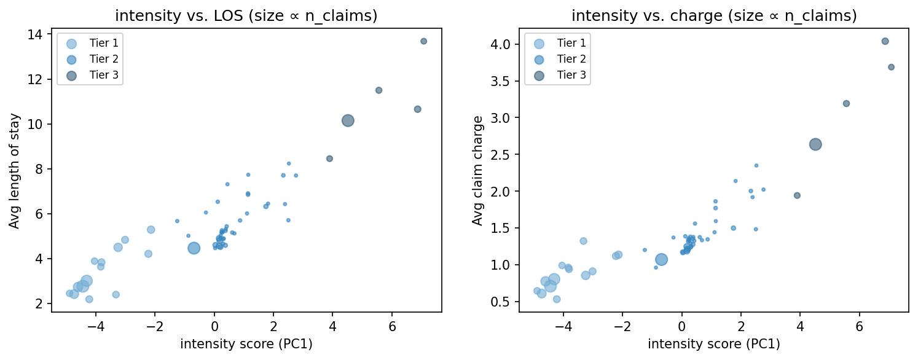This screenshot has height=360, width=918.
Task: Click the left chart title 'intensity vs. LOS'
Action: pyautogui.click(x=246, y=16)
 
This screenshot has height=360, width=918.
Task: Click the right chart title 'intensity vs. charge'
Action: pyautogui.click(x=713, y=16)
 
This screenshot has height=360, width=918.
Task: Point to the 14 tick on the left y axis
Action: pyautogui.click(x=38, y=34)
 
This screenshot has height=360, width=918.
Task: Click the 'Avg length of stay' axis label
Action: pyautogui.click(x=14, y=171)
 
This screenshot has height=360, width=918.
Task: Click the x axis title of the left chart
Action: pyautogui.click(x=246, y=345)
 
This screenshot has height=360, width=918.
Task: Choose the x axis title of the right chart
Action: pyautogui.click(x=713, y=345)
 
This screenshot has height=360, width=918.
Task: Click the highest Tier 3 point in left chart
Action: pyautogui.click(x=423, y=41)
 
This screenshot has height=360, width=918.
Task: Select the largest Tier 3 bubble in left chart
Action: pyautogui.click(x=348, y=120)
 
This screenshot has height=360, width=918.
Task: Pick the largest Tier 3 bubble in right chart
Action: pyautogui.click(x=815, y=144)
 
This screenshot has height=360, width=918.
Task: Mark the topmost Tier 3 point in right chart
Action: pyautogui.click(x=885, y=41)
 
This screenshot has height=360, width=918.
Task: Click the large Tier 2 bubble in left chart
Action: pyautogui.click(x=194, y=248)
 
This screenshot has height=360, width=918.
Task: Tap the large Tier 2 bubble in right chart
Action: pyautogui.click(x=661, y=259)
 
